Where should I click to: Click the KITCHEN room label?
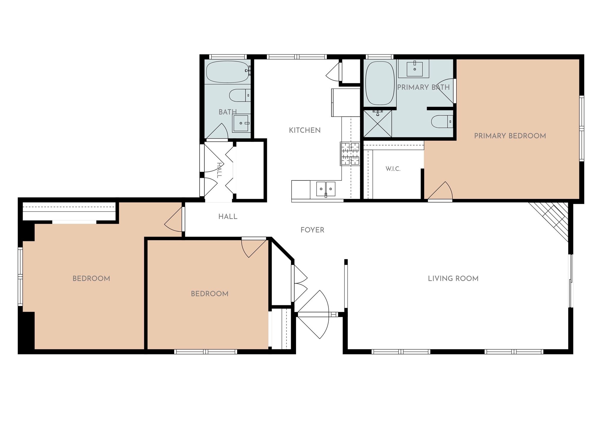(x=305, y=130)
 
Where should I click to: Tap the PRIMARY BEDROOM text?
(x=510, y=136)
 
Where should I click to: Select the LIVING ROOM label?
(x=453, y=278)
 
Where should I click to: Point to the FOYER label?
(x=312, y=230)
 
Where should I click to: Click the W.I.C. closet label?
(x=393, y=169)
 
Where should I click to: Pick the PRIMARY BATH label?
(x=423, y=87)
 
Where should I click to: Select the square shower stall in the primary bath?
(x=378, y=124)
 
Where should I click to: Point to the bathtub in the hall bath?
(x=228, y=72)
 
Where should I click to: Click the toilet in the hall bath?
(x=240, y=95)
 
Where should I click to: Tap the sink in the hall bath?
(x=241, y=123)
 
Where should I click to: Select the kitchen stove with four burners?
(x=350, y=154)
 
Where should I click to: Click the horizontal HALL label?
(x=228, y=217)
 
